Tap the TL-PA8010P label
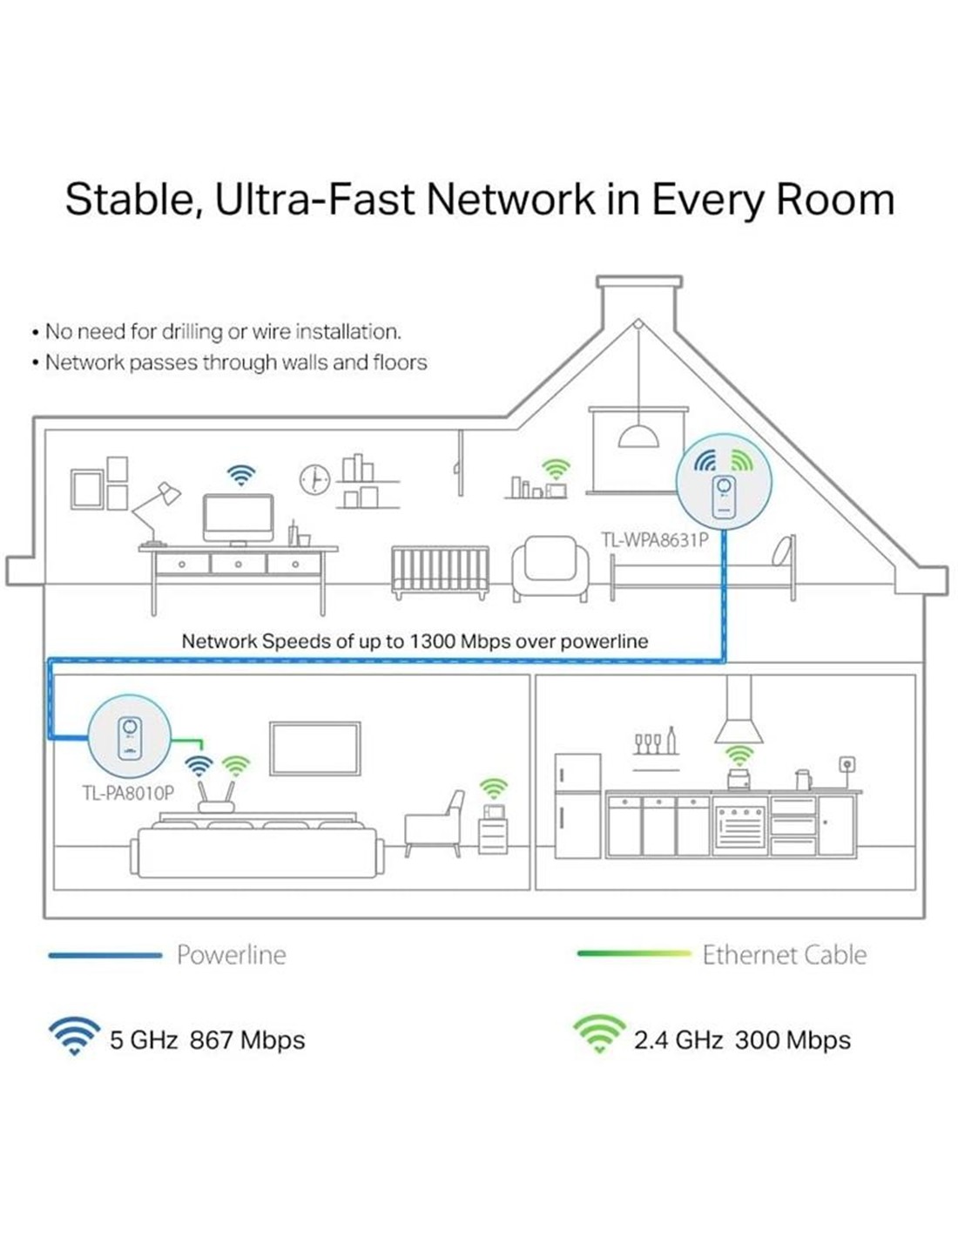[129, 793]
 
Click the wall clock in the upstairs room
[314, 479]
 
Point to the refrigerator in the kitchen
[577, 806]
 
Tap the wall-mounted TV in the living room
[315, 748]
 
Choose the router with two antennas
[215, 797]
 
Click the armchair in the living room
[435, 824]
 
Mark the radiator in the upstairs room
[440, 572]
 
